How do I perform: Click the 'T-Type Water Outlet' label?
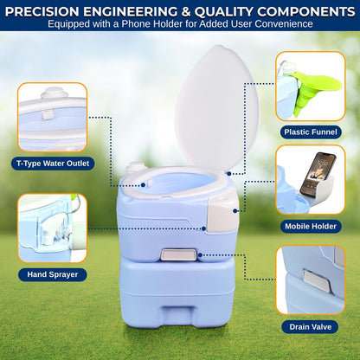(51, 163)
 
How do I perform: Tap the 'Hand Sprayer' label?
(51, 274)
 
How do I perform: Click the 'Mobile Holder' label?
(311, 227)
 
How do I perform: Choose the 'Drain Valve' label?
(311, 327)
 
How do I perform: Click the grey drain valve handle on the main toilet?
(177, 255)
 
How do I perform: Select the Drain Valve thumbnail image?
(311, 280)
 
